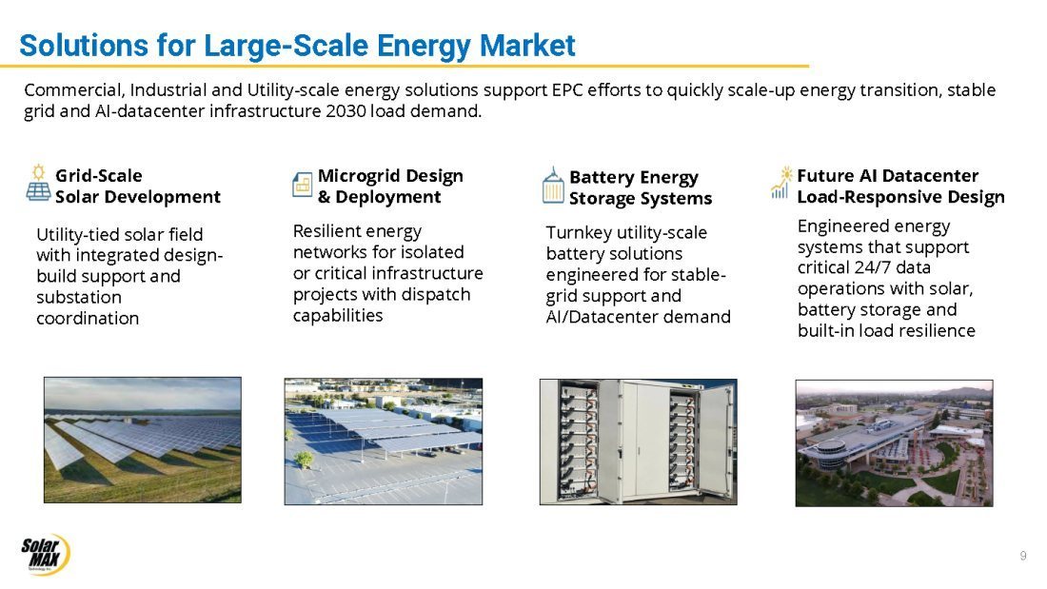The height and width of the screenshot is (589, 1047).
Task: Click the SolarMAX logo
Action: (x=45, y=554)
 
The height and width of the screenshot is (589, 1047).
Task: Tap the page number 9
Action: (x=1023, y=556)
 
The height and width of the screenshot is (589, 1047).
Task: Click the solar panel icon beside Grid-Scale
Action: (x=38, y=183)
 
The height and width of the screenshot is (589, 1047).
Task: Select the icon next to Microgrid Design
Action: (x=302, y=185)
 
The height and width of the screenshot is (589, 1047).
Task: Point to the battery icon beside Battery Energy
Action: (x=553, y=185)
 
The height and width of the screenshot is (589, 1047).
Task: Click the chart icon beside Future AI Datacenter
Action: (x=780, y=183)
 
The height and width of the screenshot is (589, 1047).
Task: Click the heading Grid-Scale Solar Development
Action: (x=138, y=187)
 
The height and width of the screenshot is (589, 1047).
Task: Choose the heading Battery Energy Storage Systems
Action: (x=641, y=187)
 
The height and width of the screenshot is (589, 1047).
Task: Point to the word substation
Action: (x=79, y=297)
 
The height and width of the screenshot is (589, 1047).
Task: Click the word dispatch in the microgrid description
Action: (x=439, y=295)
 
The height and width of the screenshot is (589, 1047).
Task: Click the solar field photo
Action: (x=142, y=440)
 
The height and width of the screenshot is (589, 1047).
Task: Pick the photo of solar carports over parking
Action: (x=384, y=442)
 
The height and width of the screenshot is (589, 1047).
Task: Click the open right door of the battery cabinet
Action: (x=715, y=442)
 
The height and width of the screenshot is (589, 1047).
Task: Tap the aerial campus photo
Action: (x=894, y=442)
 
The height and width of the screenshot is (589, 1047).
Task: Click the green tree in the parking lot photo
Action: (x=303, y=459)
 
